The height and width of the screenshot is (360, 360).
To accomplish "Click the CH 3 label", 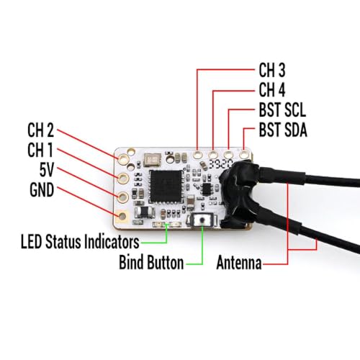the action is tap(272, 71).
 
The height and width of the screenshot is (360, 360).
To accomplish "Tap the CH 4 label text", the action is tap(272, 90).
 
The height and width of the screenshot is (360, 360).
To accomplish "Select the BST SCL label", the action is tap(282, 110).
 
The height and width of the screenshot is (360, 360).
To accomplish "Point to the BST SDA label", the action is tap(283, 130).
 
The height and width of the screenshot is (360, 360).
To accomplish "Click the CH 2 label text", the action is tap(40, 130).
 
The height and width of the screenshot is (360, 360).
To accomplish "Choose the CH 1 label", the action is tap(40, 150).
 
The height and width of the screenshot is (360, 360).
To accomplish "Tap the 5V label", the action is tap(47, 170).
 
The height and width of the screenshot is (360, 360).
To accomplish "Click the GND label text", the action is tap(42, 190).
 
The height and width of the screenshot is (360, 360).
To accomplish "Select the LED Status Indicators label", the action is tap(80, 241).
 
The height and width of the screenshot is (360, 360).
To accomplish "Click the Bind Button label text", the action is tap(151, 262).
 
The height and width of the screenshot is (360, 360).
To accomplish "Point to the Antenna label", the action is tap(239, 263).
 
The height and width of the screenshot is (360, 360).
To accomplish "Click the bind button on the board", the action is tap(203, 220).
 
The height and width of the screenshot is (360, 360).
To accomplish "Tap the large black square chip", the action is tap(166, 186).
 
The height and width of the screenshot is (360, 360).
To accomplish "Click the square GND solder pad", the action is tap(122, 216).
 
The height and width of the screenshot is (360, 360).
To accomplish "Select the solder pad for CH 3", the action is tap(197, 155).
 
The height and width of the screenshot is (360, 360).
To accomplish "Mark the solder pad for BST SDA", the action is tap(243, 154).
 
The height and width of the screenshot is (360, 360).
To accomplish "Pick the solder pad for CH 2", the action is tap(124, 158).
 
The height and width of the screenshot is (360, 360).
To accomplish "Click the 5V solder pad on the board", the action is tap(123, 197).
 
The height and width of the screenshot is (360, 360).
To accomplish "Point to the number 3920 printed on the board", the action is tap(220, 164).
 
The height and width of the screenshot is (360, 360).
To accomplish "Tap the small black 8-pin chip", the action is tap(207, 189).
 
